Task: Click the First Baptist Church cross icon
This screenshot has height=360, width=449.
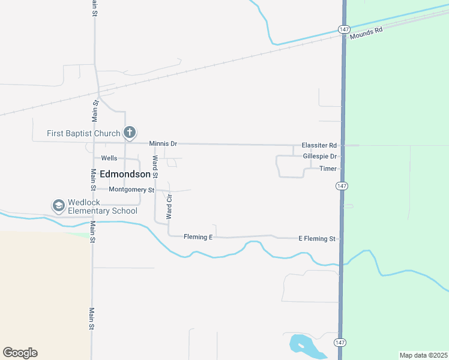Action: point(129,133)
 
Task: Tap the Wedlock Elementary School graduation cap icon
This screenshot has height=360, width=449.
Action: point(59,206)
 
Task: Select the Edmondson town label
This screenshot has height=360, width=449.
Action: point(125,174)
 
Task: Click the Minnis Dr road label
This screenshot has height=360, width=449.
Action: point(163,144)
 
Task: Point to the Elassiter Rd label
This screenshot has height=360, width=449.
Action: point(319,145)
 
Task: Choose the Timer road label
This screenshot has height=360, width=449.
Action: point(328,169)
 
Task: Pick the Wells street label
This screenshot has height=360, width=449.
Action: point(109,158)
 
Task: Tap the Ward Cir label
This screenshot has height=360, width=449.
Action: point(169,205)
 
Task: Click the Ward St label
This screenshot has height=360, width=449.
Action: point(155,167)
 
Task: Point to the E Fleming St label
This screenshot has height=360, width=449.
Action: point(317,239)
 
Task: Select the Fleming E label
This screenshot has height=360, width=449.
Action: point(198,237)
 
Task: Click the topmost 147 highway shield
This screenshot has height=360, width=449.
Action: point(343,29)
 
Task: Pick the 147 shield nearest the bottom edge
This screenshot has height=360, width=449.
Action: point(340,343)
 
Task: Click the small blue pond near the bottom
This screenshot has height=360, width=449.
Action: point(300,344)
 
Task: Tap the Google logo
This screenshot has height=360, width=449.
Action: point(20,353)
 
